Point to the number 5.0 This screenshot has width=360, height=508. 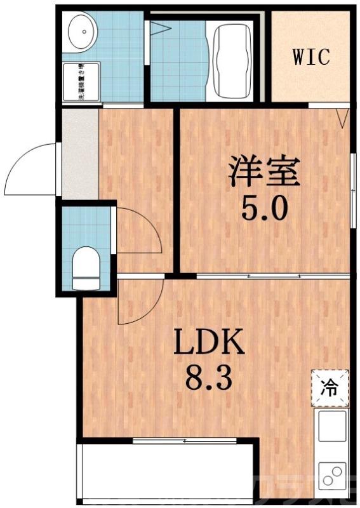264,208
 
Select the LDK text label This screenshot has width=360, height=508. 209,345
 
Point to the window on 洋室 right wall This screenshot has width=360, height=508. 352,190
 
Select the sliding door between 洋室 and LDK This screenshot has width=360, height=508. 273,276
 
